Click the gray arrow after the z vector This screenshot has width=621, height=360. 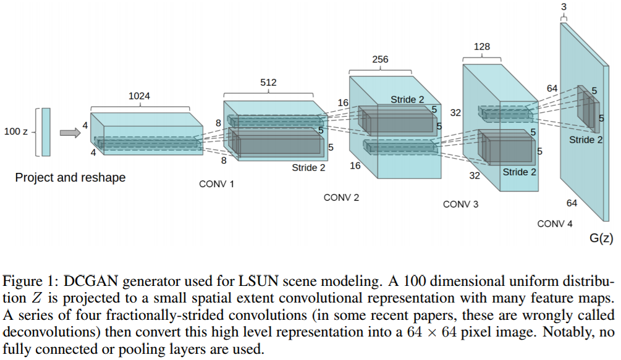[69, 132]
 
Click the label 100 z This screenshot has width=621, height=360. [17, 132]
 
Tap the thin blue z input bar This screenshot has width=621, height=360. [46, 132]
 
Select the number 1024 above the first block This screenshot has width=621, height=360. [139, 96]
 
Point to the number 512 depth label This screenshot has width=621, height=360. [268, 82]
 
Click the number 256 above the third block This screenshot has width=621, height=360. [381, 60]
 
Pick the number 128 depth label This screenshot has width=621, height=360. [482, 46]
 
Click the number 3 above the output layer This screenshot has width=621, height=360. [564, 7]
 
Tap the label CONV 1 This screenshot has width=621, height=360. [217, 184]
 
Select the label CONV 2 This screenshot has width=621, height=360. [341, 198]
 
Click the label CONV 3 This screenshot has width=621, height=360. [460, 204]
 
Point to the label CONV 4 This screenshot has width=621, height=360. [555, 224]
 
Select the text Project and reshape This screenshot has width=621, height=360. [70, 178]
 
